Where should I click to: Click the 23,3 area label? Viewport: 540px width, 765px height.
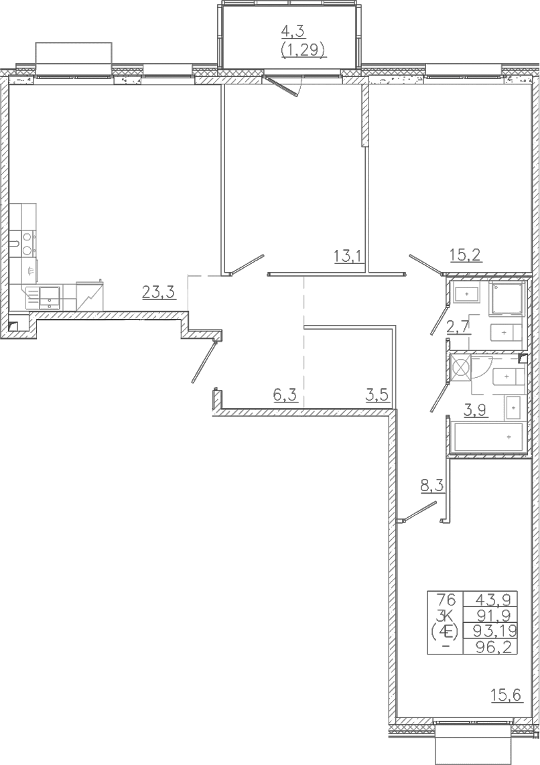(158, 292)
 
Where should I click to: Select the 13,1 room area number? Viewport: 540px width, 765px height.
(349, 255)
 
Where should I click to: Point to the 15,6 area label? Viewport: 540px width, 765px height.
(507, 694)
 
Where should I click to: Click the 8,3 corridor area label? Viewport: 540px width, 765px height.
(432, 486)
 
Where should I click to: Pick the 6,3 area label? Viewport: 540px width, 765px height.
(285, 394)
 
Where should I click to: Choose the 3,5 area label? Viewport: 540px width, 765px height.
(378, 394)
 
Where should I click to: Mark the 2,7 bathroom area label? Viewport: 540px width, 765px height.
(458, 326)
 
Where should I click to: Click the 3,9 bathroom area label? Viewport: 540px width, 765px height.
(475, 411)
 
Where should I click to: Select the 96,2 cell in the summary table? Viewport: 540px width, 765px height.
(490, 647)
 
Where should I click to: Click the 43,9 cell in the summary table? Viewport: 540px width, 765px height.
(490, 599)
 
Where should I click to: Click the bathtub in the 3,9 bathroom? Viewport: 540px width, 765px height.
(488, 437)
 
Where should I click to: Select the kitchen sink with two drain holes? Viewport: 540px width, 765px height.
(49, 297)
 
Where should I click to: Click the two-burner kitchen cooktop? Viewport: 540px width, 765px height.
(27, 243)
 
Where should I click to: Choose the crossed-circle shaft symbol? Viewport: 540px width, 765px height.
(460, 366)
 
